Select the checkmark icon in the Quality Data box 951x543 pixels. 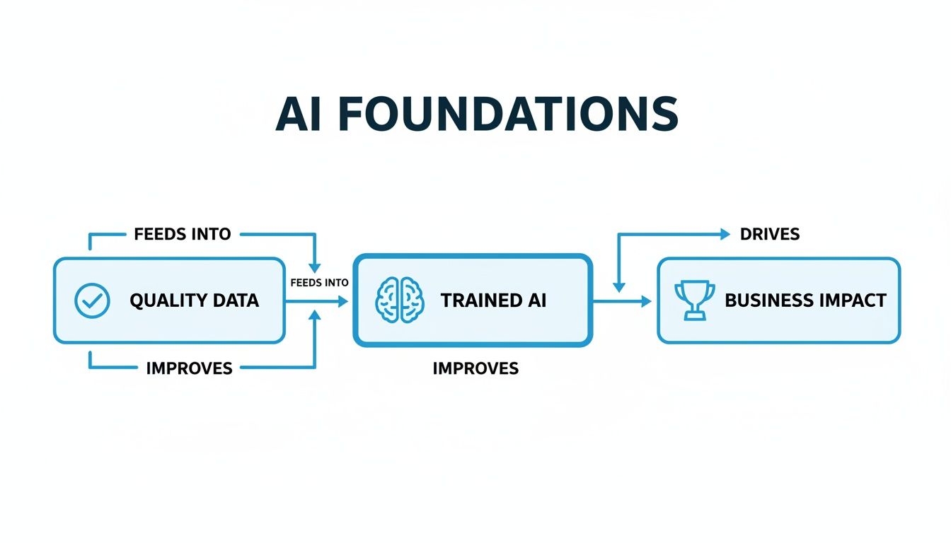(92, 300)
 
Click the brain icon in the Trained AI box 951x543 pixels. (400, 300)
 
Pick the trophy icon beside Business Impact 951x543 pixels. (694, 300)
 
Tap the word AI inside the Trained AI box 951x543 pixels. (535, 300)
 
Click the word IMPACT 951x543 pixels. (851, 300)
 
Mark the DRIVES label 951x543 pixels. (770, 234)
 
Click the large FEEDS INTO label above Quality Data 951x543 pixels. (183, 234)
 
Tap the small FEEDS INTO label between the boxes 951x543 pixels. (320, 283)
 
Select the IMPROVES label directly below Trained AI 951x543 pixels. (475, 368)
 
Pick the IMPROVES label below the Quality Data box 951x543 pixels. (189, 368)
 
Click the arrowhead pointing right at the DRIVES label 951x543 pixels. (725, 234)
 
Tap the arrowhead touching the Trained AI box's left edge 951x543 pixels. (344, 301)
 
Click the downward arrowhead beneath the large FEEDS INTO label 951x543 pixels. (316, 267)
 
